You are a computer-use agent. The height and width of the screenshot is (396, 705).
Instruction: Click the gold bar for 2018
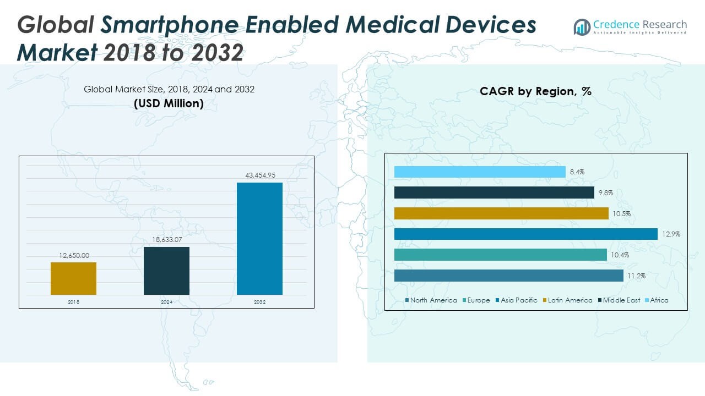tap(73, 278)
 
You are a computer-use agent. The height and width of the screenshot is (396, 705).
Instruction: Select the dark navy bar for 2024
tap(166, 271)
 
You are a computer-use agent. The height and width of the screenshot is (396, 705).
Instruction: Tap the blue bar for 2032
tap(259, 239)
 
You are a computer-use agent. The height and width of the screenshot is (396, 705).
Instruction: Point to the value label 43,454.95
tap(259, 175)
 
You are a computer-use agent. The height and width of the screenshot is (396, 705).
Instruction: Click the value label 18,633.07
tap(166, 240)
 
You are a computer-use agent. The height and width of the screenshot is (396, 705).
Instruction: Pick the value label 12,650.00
tap(73, 255)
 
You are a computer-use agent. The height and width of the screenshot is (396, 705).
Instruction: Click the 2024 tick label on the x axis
tap(166, 302)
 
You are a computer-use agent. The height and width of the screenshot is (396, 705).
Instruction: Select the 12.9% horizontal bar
tap(526, 234)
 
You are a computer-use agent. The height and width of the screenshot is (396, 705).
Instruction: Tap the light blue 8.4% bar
tap(480, 172)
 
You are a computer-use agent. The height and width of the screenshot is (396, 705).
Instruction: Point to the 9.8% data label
tap(606, 193)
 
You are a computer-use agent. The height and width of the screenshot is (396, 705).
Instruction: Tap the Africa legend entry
tap(659, 300)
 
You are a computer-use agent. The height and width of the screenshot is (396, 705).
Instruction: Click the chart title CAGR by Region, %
tap(535, 92)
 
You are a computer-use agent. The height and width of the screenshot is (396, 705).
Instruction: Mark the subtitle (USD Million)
tap(169, 103)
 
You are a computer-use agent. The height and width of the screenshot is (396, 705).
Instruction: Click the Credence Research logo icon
tap(582, 27)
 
